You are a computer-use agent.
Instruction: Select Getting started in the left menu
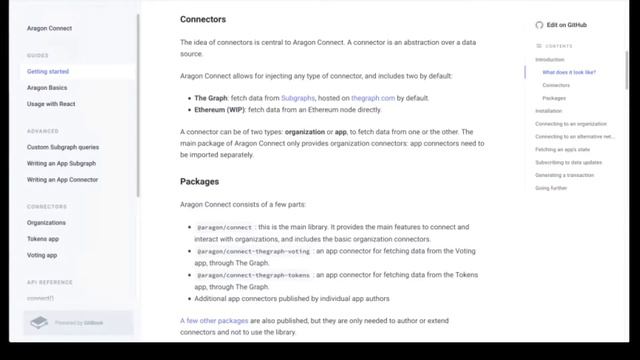48,72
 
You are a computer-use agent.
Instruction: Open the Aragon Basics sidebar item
47,88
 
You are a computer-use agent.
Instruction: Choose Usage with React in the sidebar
51,104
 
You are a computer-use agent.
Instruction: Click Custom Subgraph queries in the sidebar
63,147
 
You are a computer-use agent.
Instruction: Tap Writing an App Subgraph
61,163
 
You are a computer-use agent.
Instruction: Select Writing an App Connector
62,179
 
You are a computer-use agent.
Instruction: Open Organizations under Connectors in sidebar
47,223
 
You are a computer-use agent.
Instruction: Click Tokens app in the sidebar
43,239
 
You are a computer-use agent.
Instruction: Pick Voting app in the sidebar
42,255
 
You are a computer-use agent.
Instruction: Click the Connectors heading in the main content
203,19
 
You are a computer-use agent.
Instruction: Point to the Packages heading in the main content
200,181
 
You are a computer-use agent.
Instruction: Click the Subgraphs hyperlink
298,98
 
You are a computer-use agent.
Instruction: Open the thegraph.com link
373,98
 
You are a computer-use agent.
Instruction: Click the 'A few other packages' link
214,320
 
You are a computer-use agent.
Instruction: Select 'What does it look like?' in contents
569,73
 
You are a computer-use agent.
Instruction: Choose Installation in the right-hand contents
549,111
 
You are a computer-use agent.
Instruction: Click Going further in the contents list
551,188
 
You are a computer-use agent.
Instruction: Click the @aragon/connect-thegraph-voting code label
254,251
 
